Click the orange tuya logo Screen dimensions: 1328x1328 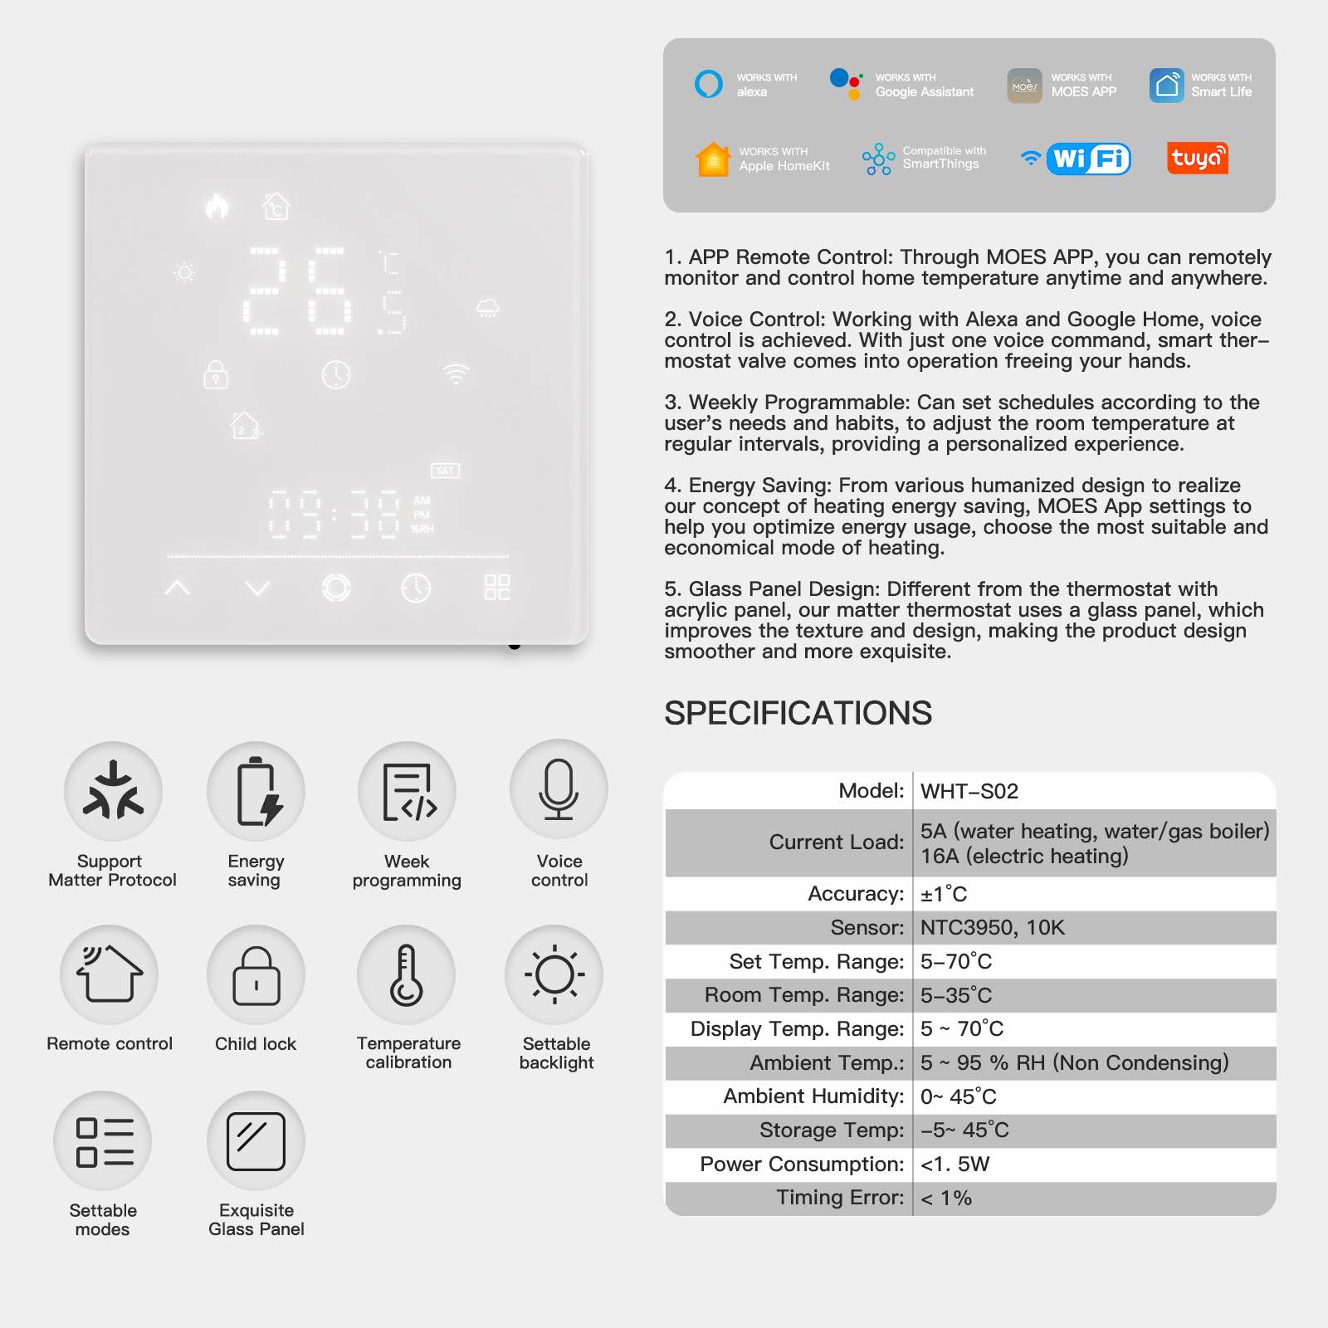1197,158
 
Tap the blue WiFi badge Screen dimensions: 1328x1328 1088,158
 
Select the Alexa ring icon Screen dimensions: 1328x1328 709,84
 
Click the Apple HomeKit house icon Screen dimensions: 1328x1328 713,159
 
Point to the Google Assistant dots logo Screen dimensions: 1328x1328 846,84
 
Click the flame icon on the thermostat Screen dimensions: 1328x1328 217,205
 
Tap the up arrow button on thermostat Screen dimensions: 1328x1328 178,588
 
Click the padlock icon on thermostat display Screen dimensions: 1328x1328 216,374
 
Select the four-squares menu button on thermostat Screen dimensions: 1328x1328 497,588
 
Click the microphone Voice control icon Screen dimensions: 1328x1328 559,789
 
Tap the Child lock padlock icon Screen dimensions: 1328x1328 256,975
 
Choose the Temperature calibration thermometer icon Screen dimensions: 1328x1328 407,975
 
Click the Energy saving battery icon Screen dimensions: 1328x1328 256,791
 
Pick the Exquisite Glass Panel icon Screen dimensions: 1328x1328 256,1141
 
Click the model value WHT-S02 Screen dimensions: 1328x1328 969,791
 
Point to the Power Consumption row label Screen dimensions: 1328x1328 801,1164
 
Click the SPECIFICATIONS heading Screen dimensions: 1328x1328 798,713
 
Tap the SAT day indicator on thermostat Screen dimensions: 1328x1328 445,471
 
